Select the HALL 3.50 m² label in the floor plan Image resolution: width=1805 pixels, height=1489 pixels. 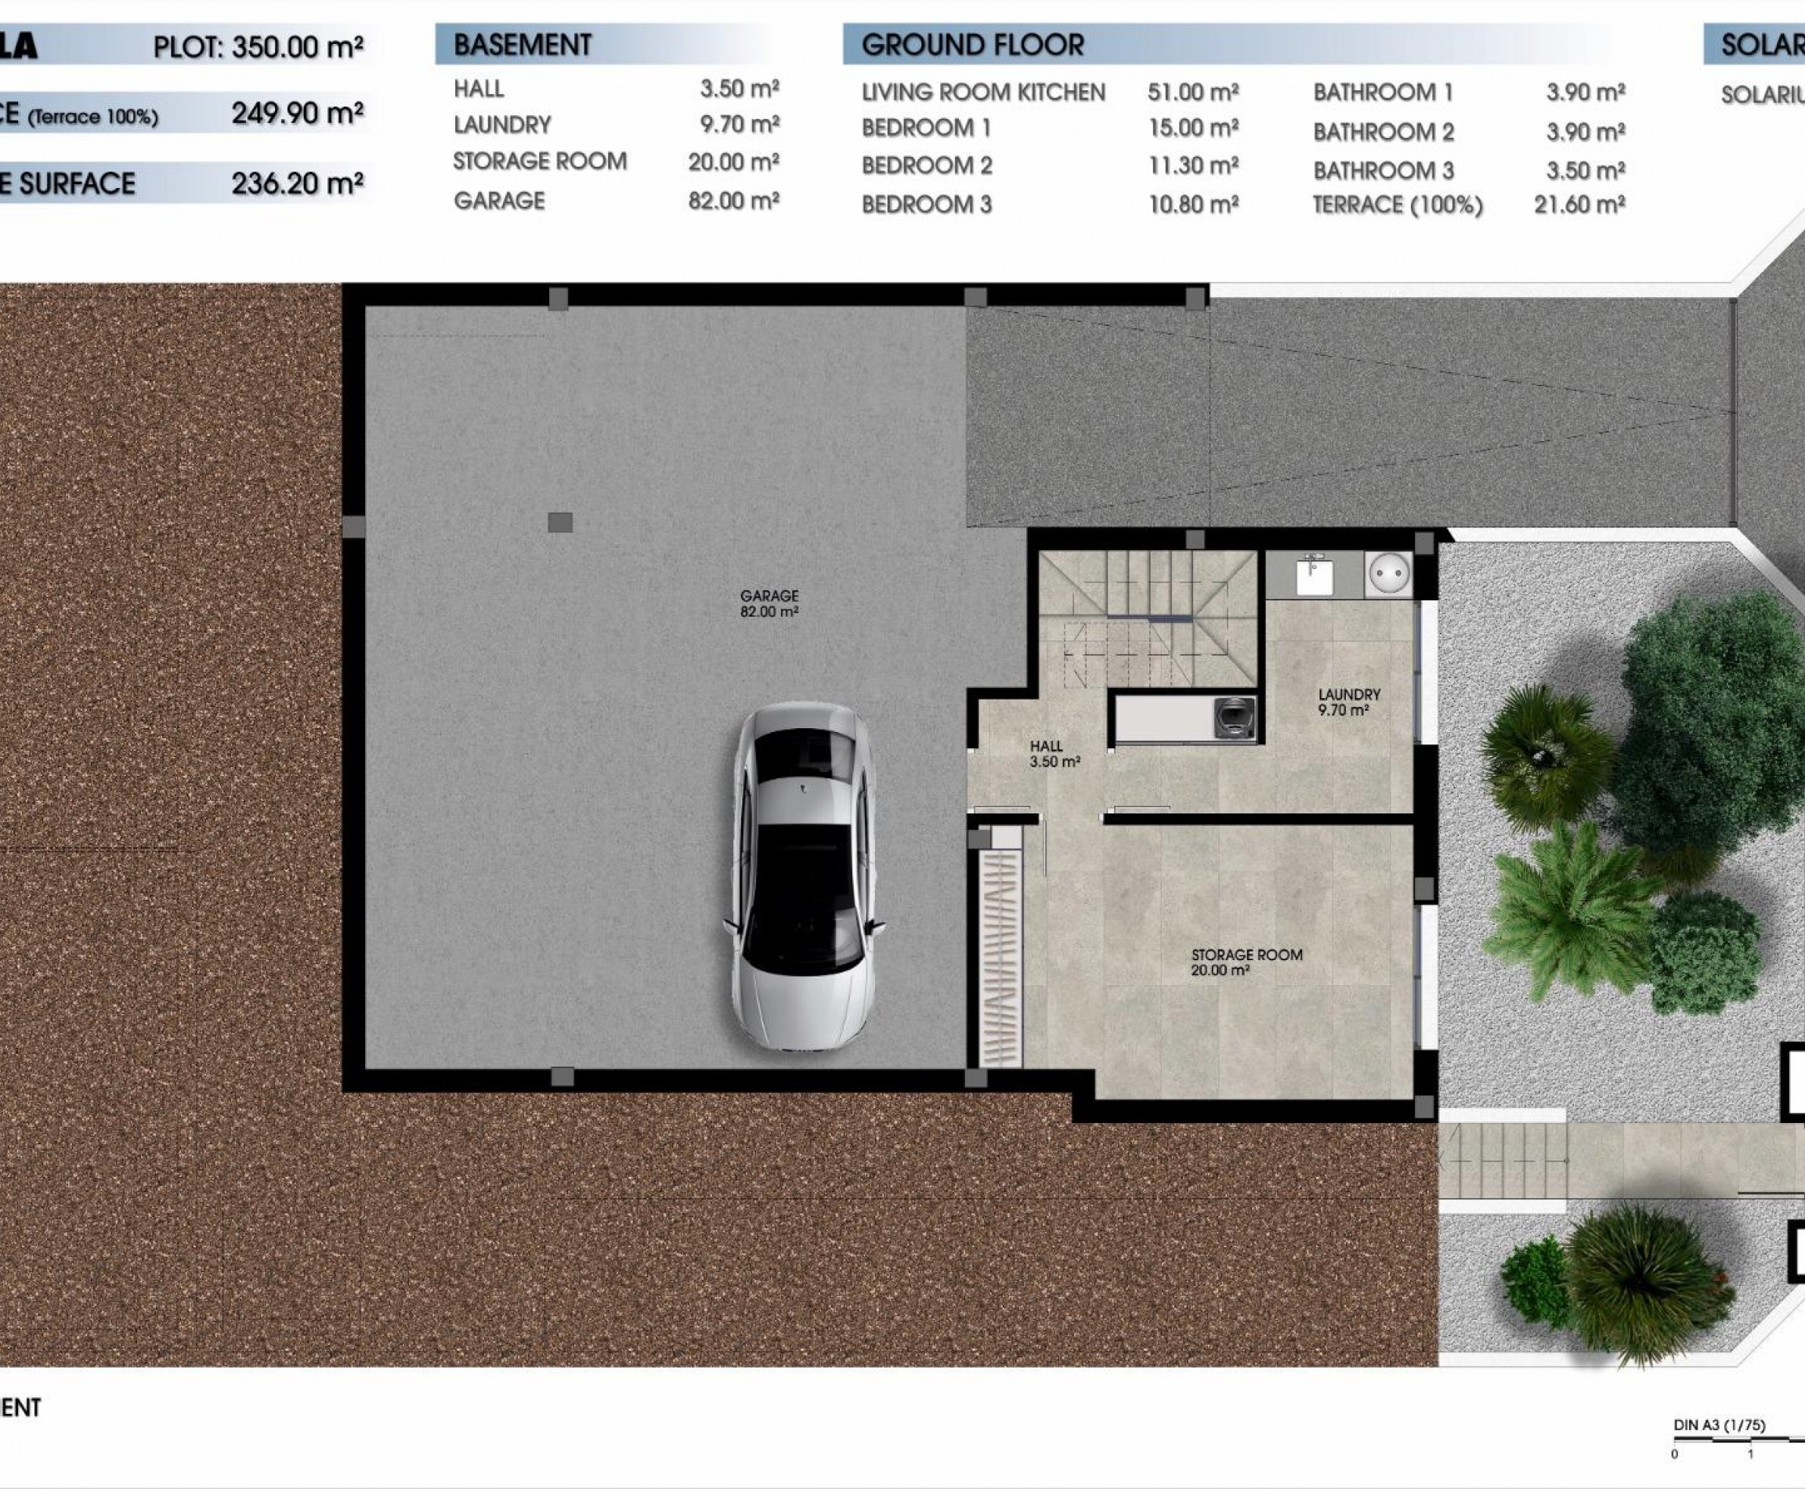(1054, 754)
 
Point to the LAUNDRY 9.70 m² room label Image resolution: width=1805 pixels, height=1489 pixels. (1349, 702)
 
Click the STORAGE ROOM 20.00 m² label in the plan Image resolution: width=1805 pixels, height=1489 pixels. (1246, 962)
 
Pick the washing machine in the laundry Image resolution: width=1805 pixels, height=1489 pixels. (1235, 717)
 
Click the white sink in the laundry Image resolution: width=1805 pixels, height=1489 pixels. (1314, 574)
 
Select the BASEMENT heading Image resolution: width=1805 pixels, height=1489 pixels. (523, 45)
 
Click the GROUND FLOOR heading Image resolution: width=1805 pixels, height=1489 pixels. (972, 45)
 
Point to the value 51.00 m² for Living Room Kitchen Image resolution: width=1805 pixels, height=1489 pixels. (1193, 92)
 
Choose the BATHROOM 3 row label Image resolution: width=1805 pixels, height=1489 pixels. (1383, 171)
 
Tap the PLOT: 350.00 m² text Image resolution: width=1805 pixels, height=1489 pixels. (258, 46)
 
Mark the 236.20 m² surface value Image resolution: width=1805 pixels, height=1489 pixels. (297, 183)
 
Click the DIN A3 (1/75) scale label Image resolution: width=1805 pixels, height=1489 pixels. (1718, 1426)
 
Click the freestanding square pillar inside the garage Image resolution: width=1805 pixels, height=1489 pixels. (560, 523)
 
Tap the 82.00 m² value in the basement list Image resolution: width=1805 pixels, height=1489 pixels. (733, 201)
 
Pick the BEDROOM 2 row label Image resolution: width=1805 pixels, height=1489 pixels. (926, 165)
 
